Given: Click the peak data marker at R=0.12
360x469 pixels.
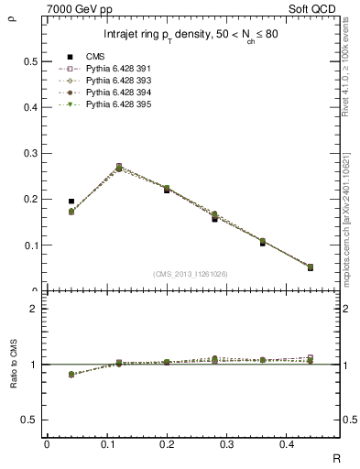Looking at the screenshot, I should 119,168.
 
